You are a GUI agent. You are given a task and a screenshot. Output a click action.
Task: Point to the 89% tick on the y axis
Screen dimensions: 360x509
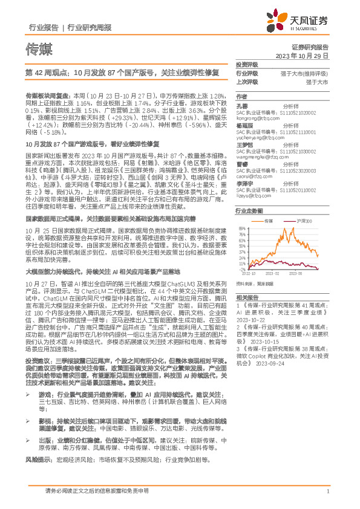(242, 227)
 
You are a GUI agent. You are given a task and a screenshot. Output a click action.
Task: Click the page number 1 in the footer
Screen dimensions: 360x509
(327, 490)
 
